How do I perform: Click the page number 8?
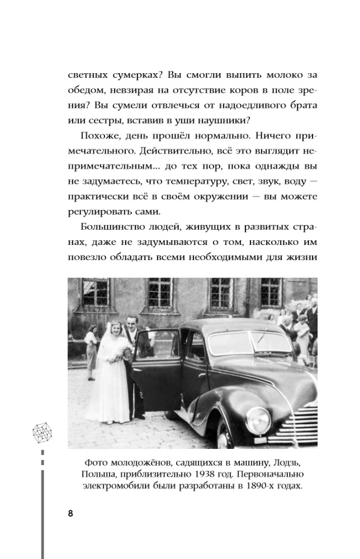pos(70,514)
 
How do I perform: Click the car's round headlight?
pos(259,420)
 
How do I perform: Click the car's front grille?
pos(302,425)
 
